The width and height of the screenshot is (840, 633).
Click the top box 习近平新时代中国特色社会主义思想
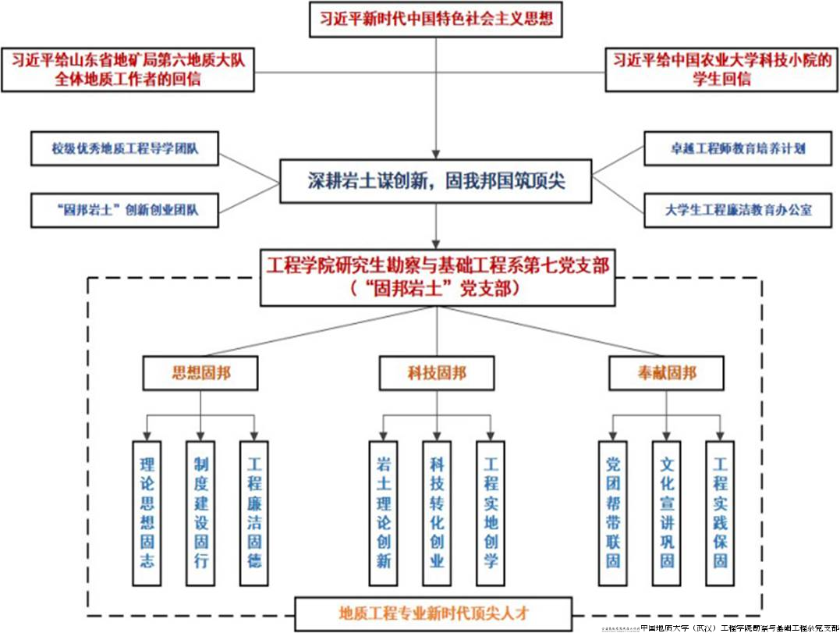coord(436,19)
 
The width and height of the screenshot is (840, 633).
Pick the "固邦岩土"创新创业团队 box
coord(124,210)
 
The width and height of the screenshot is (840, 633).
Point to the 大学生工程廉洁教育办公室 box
coord(737,210)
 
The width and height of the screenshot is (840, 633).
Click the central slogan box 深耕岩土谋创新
coord(436,181)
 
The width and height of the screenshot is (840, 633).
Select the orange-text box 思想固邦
coord(201,374)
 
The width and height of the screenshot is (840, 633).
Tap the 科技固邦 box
coord(437,374)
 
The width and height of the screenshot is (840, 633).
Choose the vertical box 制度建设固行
coord(201,512)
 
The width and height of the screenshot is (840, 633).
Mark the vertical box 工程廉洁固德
coord(254,512)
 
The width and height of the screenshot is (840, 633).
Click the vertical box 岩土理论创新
coord(383,512)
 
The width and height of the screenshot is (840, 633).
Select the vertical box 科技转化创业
coord(437,512)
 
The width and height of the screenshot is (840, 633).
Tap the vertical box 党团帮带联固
coord(613,512)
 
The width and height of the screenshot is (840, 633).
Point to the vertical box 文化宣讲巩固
coord(666,512)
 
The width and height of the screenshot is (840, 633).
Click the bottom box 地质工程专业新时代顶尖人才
coord(435,611)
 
